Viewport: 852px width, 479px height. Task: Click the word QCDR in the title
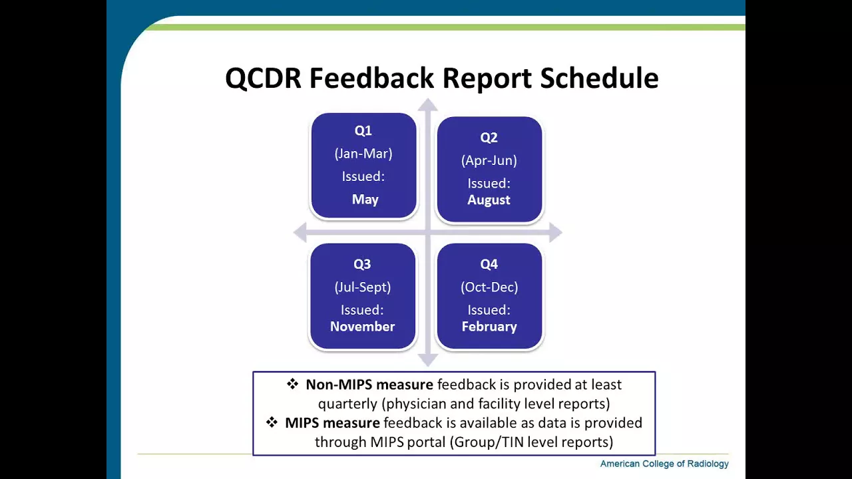[263, 79]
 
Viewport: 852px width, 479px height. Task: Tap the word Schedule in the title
[599, 78]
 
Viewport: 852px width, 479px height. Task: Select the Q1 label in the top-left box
[363, 131]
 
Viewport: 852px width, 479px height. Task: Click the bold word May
[365, 200]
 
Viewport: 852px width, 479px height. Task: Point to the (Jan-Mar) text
[363, 154]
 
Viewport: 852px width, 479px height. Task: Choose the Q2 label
[489, 138]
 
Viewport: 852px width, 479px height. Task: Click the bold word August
[489, 200]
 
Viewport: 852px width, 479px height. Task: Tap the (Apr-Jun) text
[489, 160]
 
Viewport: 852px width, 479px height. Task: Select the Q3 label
[362, 264]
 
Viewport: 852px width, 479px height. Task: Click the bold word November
[363, 327]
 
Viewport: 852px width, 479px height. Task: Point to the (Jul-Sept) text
[363, 287]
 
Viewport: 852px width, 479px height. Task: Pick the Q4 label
[489, 264]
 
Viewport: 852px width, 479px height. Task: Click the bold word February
[489, 327]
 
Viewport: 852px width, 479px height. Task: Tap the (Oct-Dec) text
[489, 287]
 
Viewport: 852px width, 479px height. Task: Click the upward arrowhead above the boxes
[428, 105]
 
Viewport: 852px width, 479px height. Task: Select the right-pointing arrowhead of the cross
[556, 233]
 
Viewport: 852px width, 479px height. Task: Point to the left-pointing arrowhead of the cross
[300, 233]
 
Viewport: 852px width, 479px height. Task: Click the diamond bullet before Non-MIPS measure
[292, 384]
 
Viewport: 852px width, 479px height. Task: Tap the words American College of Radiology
[664, 464]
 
